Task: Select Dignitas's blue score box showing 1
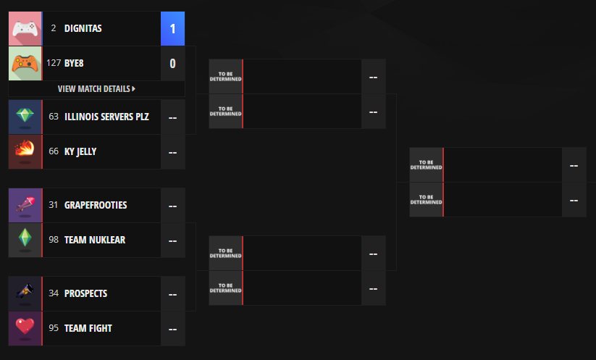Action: (172, 29)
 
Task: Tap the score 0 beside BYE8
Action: (172, 63)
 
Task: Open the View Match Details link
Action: (96, 88)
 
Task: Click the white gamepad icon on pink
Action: (25, 28)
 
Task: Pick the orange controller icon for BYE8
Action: (25, 63)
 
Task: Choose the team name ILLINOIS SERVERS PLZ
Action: (106, 117)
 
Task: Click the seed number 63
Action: (54, 117)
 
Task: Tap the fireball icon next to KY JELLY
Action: (25, 151)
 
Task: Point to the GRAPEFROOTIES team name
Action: (96, 205)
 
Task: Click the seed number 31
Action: (54, 205)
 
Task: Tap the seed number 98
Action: (54, 240)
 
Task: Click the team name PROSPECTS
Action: (85, 293)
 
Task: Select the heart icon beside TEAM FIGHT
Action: (25, 328)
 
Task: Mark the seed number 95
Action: (54, 328)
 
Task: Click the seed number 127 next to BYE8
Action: (54, 63)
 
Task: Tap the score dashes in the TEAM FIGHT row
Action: (172, 329)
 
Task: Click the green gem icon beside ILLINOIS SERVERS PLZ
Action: (25, 117)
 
